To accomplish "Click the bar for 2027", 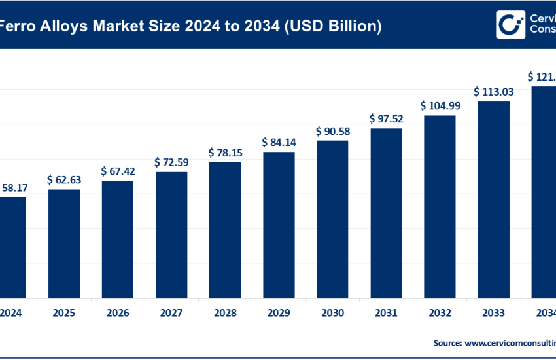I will pyautogui.click(x=171, y=234).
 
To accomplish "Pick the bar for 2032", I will pyautogui.click(x=440, y=206).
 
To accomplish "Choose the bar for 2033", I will pyautogui.click(x=493, y=199).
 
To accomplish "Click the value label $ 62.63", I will pyautogui.click(x=63, y=179).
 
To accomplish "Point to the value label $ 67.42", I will pyautogui.click(x=117, y=171).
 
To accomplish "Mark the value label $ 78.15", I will pyautogui.click(x=225, y=152).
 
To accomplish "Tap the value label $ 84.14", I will pyautogui.click(x=279, y=142).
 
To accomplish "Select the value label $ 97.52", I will pyautogui.click(x=386, y=118).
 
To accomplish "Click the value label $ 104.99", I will pyautogui.click(x=440, y=105).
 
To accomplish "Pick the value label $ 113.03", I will pyautogui.click(x=493, y=92).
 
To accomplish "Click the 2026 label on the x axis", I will pyautogui.click(x=117, y=313).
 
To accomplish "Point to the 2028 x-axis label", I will pyautogui.click(x=225, y=313).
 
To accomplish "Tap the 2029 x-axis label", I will pyautogui.click(x=279, y=313).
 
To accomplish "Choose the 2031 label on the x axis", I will pyautogui.click(x=386, y=313).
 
